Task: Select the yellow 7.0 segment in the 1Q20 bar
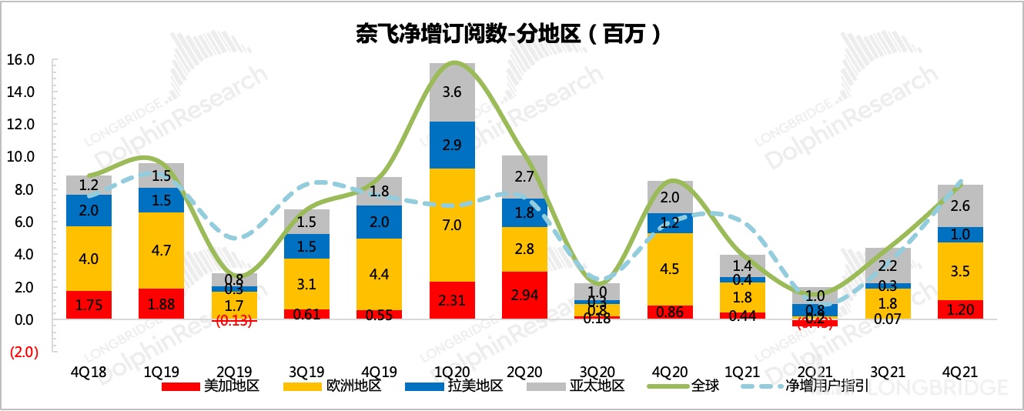tap(453, 225)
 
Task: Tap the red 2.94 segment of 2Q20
tap(524, 295)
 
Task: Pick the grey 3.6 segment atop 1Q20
tap(453, 92)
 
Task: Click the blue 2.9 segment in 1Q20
tap(453, 145)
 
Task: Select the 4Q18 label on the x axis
tap(89, 372)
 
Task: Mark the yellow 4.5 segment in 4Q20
tap(670, 269)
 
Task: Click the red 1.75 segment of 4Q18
tap(89, 304)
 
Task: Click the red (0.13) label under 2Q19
tap(233, 322)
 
